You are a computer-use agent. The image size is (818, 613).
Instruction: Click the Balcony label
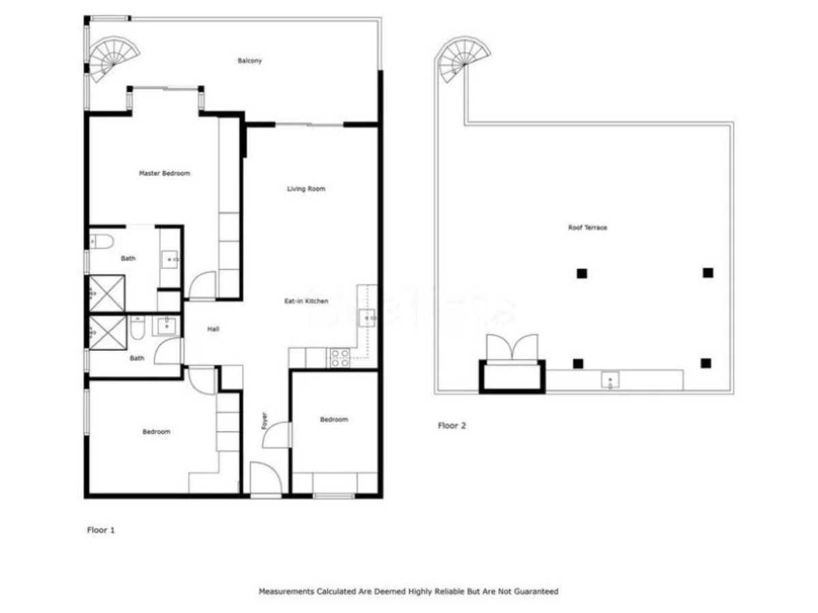[x=249, y=61]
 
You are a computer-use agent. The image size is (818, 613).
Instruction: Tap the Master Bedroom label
[x=164, y=173]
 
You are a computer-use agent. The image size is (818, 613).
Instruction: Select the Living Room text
[x=306, y=189]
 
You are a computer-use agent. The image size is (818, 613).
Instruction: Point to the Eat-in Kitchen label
[x=307, y=300]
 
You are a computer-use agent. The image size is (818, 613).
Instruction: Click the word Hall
[x=213, y=329]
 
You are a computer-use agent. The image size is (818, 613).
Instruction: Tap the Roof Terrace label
[x=588, y=227]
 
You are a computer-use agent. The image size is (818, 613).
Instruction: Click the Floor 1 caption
[x=101, y=529]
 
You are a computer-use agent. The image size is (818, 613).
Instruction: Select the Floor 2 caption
[x=451, y=426]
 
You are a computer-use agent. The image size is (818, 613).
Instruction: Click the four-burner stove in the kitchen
[x=339, y=358]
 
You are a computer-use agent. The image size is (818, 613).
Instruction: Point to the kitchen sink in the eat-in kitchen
[x=368, y=317]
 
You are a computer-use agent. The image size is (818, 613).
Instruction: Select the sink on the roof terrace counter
[x=609, y=379]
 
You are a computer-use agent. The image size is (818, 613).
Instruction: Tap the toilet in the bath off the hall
[x=138, y=329]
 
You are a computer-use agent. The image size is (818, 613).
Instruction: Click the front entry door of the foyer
[x=264, y=480]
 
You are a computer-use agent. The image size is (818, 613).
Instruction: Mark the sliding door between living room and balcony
[x=309, y=125]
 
